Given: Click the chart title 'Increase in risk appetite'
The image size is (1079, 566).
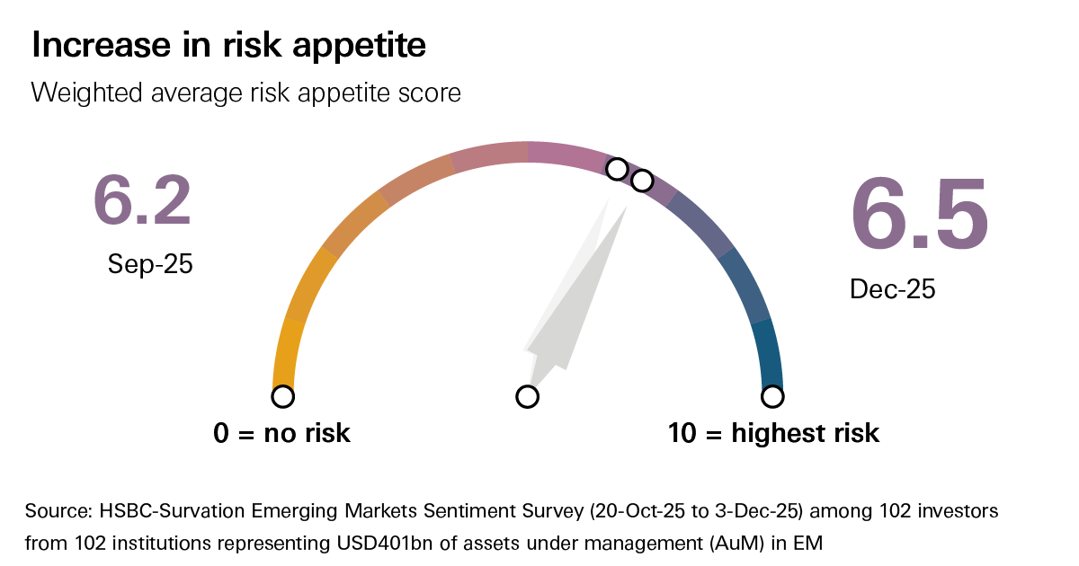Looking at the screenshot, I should (228, 46).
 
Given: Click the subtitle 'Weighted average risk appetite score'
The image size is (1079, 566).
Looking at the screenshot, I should (245, 92).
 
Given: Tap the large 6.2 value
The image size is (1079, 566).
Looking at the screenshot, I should (142, 201).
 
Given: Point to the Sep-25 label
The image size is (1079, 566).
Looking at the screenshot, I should (150, 264).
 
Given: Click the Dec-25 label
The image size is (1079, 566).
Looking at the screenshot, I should (893, 289).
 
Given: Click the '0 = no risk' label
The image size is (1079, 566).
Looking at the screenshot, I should (281, 433).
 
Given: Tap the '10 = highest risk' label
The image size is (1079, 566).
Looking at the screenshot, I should (773, 433).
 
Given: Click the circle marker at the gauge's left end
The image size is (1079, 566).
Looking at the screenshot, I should (282, 396).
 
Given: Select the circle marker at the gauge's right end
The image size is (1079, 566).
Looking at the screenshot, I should (772, 396).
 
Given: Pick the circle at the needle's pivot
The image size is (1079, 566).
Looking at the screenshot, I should (528, 396).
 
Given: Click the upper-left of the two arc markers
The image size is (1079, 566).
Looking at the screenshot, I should (617, 169).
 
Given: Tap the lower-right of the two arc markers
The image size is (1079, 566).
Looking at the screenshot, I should (641, 181).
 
